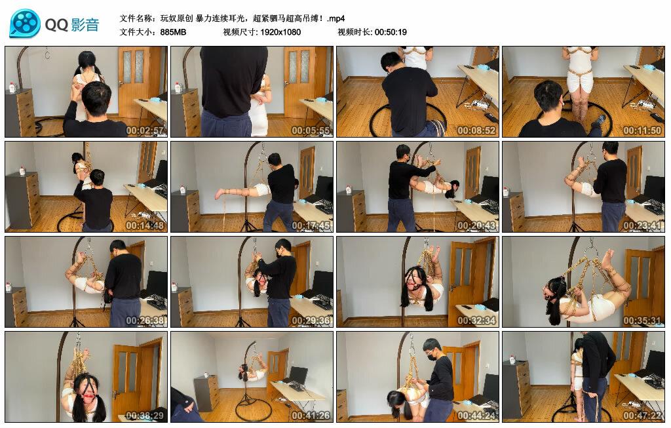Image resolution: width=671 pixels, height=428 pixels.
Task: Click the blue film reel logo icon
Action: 26,23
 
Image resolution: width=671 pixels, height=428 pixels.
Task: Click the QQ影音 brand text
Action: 72,25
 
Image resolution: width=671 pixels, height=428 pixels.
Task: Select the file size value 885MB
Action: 173,32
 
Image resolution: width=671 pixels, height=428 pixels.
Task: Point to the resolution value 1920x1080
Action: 280,32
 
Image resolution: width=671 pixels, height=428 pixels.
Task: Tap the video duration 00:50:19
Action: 391,32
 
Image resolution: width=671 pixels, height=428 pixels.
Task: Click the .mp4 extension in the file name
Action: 335,18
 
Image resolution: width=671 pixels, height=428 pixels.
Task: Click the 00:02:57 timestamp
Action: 145,130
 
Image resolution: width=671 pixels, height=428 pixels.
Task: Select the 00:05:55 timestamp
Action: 311,130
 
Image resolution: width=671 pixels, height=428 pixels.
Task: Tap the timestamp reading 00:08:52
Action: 476,130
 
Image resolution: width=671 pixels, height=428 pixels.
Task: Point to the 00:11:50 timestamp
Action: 642,130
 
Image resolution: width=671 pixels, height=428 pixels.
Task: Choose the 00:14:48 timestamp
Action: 145,225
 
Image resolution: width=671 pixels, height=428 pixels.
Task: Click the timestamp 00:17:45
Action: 311,225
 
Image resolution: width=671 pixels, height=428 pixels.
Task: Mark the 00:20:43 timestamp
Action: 476,225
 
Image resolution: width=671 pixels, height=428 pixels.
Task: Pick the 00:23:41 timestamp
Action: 642,225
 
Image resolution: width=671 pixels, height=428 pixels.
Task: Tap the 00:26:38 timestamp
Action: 145,320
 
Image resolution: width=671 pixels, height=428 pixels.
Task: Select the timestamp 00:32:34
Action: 476,320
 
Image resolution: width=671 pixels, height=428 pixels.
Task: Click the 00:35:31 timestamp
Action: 642,320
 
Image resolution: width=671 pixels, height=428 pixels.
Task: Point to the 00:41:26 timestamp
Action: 311,415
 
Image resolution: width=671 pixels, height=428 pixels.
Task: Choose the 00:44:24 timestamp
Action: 476,415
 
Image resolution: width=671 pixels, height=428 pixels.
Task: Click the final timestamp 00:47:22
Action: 642,415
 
